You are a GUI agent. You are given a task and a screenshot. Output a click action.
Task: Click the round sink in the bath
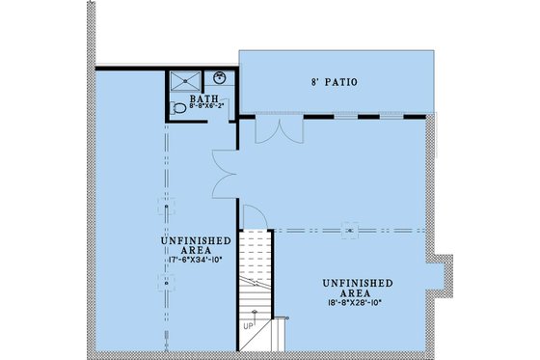220,78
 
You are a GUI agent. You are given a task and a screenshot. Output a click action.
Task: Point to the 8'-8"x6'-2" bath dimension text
204,109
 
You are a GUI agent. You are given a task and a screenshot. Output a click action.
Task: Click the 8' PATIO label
334,83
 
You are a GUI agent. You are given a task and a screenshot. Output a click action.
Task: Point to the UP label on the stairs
249,326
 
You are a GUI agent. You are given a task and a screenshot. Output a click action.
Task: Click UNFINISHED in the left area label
195,238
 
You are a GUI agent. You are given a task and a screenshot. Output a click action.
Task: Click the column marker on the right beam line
351,230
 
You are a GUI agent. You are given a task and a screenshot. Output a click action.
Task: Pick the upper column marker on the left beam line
166,206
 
